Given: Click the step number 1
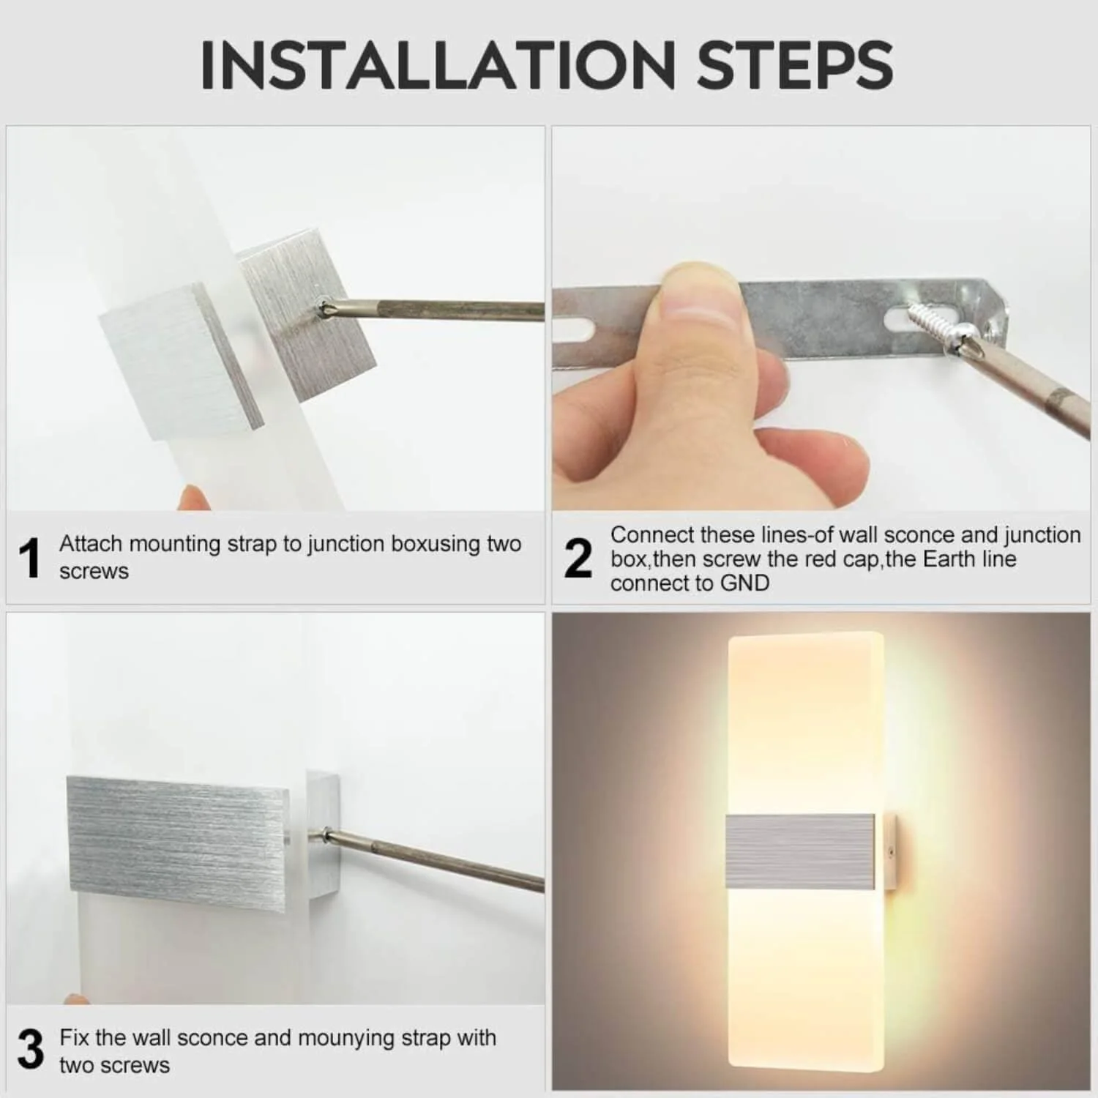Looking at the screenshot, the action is [x=30, y=559].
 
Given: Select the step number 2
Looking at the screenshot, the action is [x=578, y=559].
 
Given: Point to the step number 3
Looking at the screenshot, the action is [x=30, y=1050].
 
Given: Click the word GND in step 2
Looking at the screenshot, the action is [x=744, y=583].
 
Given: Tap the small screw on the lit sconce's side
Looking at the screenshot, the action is [x=890, y=851].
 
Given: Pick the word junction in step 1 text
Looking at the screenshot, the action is [x=346, y=544].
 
